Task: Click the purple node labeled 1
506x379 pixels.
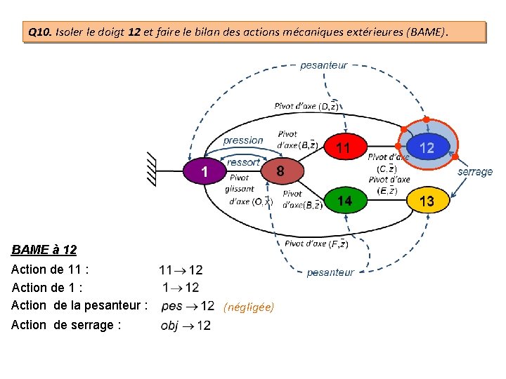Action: click(x=203, y=171)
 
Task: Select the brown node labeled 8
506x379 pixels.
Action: click(x=280, y=171)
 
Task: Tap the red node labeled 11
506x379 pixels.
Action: click(x=343, y=148)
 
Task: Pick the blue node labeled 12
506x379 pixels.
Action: click(x=427, y=147)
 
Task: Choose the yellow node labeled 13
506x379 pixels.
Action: click(x=427, y=201)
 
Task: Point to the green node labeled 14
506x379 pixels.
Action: click(x=344, y=201)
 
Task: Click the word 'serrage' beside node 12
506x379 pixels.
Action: click(x=475, y=171)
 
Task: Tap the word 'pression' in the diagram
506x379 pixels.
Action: click(x=243, y=140)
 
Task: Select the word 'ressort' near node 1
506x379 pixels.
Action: click(x=243, y=162)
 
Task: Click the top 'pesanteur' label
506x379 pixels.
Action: click(x=324, y=65)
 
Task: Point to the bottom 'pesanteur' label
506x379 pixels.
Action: click(x=330, y=272)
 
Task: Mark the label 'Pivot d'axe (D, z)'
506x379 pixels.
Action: click(x=307, y=106)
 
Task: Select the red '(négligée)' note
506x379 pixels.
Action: click(x=249, y=307)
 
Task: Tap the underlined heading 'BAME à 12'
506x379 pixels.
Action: click(x=44, y=249)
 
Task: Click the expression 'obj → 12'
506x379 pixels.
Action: click(x=186, y=325)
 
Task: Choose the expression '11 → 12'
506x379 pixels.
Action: click(x=181, y=270)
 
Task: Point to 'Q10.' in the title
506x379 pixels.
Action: click(x=40, y=32)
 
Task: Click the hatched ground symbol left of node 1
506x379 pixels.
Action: click(x=152, y=171)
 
